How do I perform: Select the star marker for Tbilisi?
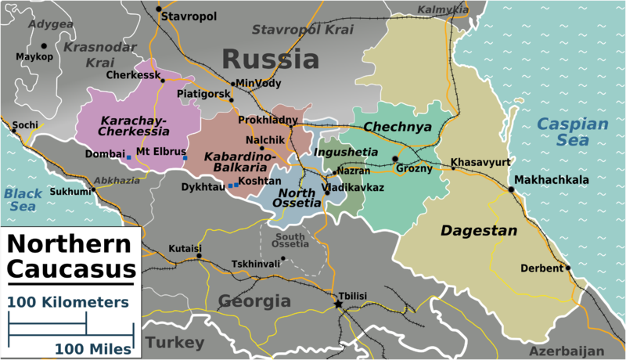[339, 304]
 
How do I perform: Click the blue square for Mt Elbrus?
[185, 159]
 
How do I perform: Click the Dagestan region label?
[479, 231]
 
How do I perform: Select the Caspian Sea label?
[572, 132]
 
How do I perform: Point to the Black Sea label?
[22, 200]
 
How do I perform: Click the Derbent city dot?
[569, 268]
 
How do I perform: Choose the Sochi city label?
[25, 124]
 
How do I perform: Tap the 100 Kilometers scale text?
[69, 302]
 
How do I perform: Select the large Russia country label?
[270, 59]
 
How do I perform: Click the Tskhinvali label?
[256, 264]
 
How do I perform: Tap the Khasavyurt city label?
[480, 162]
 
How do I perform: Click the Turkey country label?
[174, 343]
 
